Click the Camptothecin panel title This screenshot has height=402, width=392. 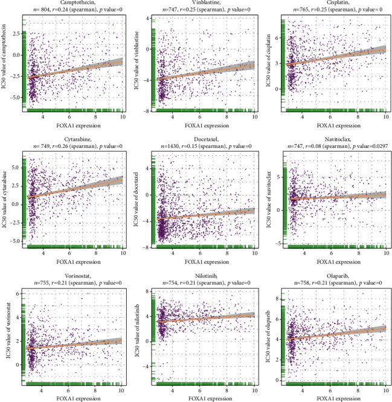72,3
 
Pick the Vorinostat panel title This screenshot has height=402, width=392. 72,273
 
